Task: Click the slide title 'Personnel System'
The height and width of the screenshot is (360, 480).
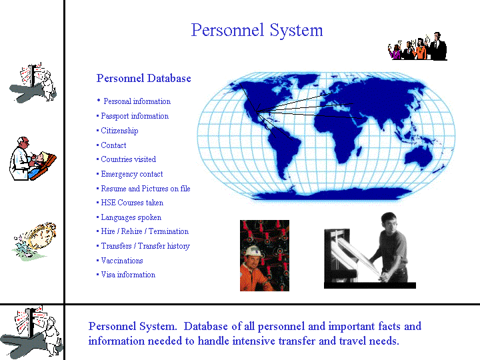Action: (x=257, y=31)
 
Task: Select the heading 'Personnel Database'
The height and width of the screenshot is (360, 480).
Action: (x=143, y=79)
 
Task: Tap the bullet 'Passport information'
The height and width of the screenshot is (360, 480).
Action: (x=135, y=116)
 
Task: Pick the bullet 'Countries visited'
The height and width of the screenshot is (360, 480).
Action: (x=128, y=159)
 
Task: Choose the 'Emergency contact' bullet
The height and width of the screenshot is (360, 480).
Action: (x=131, y=174)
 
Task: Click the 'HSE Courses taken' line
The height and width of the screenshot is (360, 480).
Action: (x=132, y=203)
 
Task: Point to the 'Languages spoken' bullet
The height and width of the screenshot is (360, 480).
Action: (x=131, y=217)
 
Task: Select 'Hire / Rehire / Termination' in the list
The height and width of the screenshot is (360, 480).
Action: (x=145, y=231)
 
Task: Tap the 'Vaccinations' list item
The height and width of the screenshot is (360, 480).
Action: (x=122, y=261)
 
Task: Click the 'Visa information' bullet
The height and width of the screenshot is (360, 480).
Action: (x=128, y=275)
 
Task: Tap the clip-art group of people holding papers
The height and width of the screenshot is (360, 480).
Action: (x=418, y=46)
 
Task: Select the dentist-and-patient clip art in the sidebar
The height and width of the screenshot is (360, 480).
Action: (x=33, y=159)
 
